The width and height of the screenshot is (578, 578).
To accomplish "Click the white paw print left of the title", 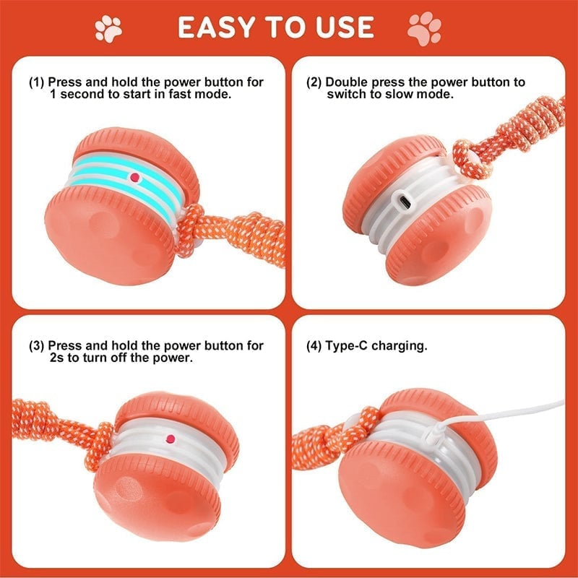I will click(108, 29).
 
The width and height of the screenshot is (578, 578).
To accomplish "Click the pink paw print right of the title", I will click(424, 29).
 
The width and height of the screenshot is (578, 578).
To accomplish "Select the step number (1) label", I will click(37, 82).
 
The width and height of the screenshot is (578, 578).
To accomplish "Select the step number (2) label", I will click(315, 82).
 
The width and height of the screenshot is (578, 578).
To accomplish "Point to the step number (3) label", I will click(37, 346).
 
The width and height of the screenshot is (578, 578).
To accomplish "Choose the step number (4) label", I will click(315, 346).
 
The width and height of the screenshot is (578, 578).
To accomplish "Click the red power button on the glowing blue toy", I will click(134, 176).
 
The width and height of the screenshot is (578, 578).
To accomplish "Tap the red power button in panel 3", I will click(172, 439).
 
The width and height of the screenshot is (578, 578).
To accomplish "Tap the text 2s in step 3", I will click(58, 358).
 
